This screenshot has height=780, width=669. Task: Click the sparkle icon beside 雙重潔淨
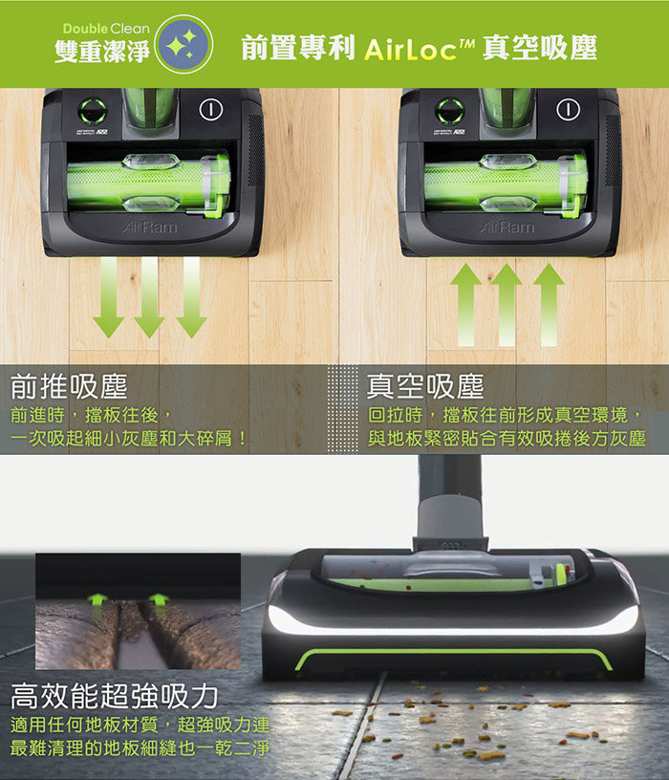(x=184, y=44)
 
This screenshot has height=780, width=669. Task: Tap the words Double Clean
(x=106, y=29)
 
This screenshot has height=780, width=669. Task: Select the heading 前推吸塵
(x=69, y=386)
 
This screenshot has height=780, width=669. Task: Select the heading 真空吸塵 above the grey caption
(x=425, y=386)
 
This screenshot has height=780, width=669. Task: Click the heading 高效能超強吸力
(x=115, y=696)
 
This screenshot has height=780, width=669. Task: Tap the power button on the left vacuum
(x=211, y=110)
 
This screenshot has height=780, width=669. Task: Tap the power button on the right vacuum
(x=568, y=110)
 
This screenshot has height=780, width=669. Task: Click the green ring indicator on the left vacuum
(x=93, y=111)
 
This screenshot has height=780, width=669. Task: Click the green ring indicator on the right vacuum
(x=449, y=111)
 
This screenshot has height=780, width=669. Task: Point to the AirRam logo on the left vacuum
(x=149, y=227)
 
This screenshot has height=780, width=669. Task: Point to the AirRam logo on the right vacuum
(x=507, y=227)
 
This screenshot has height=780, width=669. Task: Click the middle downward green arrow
(x=150, y=297)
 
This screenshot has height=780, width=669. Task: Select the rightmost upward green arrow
(x=549, y=304)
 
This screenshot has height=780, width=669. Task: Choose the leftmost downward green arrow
(x=109, y=297)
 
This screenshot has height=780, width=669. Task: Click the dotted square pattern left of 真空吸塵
(x=342, y=409)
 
